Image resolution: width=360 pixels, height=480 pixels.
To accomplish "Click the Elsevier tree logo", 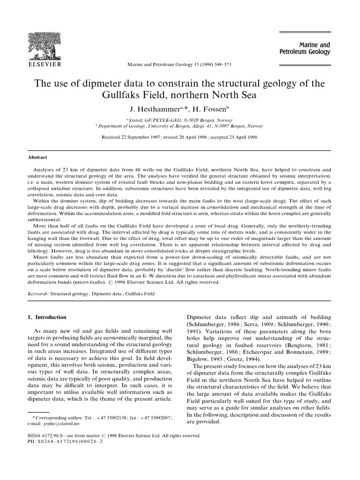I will click(45, 42).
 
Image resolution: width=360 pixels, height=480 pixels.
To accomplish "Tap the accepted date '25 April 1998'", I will click(239, 137).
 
